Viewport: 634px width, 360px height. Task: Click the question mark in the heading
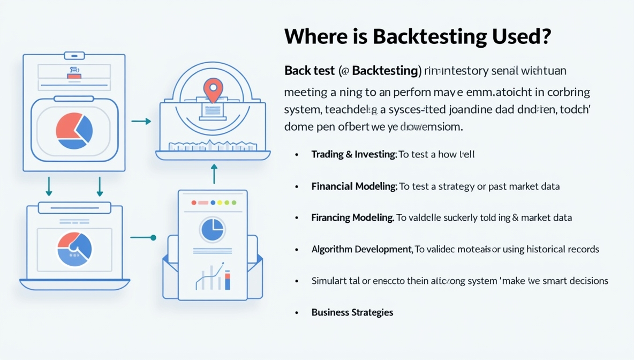click(545, 36)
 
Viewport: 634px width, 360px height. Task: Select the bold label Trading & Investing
click(353, 154)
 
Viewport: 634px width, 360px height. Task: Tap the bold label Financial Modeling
click(354, 186)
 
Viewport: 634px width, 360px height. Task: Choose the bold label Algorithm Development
click(361, 249)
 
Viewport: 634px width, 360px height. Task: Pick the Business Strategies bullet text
click(352, 312)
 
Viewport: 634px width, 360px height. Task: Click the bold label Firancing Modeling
click(352, 217)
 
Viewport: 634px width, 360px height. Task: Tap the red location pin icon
click(213, 90)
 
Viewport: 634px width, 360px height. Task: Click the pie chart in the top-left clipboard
click(74, 130)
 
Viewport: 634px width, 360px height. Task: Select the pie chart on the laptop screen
click(74, 249)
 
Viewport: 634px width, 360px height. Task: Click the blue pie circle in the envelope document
click(213, 229)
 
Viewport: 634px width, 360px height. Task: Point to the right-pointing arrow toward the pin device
click(141, 122)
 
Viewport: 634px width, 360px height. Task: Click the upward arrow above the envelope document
click(214, 173)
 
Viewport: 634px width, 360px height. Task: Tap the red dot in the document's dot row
click(194, 203)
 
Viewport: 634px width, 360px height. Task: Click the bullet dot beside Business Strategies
click(297, 312)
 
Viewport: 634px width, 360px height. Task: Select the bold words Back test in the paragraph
click(309, 70)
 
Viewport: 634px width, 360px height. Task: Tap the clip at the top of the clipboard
click(74, 56)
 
